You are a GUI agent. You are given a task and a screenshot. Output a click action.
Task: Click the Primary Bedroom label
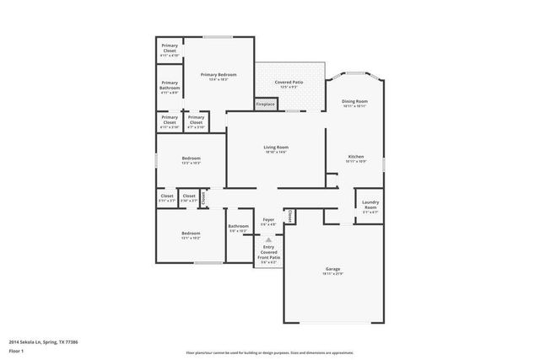[x=219, y=75]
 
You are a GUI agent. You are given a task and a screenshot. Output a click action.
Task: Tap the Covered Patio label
[x=288, y=82]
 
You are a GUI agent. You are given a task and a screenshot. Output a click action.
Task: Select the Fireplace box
[x=265, y=105]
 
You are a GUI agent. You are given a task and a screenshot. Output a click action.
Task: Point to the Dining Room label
[x=354, y=101]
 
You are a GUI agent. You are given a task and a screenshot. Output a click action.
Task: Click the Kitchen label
[x=355, y=157]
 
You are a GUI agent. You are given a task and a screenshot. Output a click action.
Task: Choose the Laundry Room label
[x=370, y=204]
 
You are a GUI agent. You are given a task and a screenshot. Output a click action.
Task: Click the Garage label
[x=333, y=270]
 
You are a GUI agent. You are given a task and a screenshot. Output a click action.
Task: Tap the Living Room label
[x=277, y=147]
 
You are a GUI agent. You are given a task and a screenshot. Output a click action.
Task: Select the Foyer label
[x=268, y=219]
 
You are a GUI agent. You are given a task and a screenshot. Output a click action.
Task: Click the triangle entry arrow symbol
[x=268, y=239]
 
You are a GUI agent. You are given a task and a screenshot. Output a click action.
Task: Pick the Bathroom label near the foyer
[x=238, y=226]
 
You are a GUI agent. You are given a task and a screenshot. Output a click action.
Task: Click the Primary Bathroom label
[x=170, y=85]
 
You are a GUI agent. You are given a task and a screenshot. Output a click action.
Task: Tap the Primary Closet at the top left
[x=170, y=47]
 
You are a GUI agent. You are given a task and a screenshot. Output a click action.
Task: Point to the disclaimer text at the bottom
[x=269, y=352]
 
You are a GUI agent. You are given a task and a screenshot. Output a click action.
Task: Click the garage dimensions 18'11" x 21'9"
[x=333, y=275]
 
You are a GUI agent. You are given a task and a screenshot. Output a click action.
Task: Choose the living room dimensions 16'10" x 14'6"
[x=277, y=152]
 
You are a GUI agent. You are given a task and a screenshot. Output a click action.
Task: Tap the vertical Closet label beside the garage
[x=289, y=217]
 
